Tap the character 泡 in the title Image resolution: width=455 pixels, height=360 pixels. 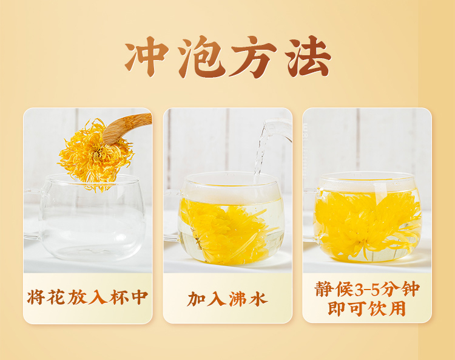pos(201,56)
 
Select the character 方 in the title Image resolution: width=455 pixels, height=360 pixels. pos(254,56)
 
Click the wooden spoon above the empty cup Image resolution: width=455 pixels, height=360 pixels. pos(127,128)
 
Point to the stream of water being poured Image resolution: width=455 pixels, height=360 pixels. pos(260,154)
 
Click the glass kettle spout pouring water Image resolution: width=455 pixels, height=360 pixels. pos(277,129)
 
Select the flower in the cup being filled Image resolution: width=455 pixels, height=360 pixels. pos(226,229)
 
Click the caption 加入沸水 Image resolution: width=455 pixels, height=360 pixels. pos(227,299)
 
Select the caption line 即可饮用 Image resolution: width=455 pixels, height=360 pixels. pos(367,308)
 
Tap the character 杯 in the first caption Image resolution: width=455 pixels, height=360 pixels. pos(119,297)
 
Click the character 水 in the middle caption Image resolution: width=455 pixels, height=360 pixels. pos(258,299)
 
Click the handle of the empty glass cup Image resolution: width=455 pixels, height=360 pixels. pos(33,215)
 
